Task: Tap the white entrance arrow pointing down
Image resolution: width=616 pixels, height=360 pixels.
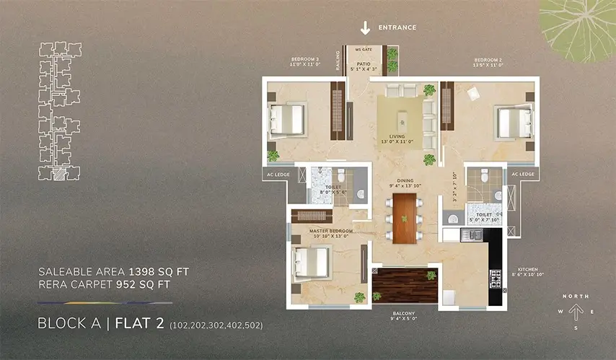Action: click(365, 28)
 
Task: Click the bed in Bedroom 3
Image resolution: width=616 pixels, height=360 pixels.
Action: click(289, 118)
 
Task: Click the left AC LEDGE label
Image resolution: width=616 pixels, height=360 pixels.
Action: click(277, 174)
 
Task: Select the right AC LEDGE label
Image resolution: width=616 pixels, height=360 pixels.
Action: click(523, 174)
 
